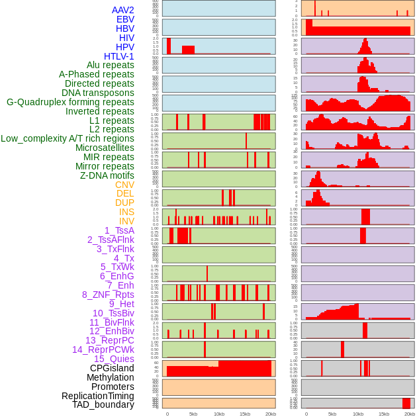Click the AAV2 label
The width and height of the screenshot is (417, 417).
[122, 10]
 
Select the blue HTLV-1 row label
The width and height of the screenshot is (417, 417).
[118, 56]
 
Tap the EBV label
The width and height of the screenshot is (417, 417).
[125, 19]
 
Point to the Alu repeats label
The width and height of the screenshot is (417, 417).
[110, 65]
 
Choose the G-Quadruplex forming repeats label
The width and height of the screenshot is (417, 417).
[70, 102]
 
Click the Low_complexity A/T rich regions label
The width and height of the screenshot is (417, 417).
[68, 138]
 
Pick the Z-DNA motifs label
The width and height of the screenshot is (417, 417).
[107, 175]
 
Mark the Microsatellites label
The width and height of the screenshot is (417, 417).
[105, 148]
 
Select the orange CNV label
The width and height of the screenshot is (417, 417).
[124, 185]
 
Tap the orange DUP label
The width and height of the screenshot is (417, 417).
[124, 203]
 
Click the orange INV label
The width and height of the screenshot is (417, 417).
[126, 221]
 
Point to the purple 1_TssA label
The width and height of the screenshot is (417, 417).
[119, 230]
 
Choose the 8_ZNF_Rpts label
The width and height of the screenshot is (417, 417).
[108, 295]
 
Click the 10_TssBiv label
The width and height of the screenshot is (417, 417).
[113, 313]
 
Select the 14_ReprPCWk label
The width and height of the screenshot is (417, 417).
[103, 349]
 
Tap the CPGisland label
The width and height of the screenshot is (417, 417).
[112, 368]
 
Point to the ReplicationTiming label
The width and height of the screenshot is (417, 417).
[97, 396]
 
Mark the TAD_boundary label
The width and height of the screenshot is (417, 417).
[103, 404]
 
